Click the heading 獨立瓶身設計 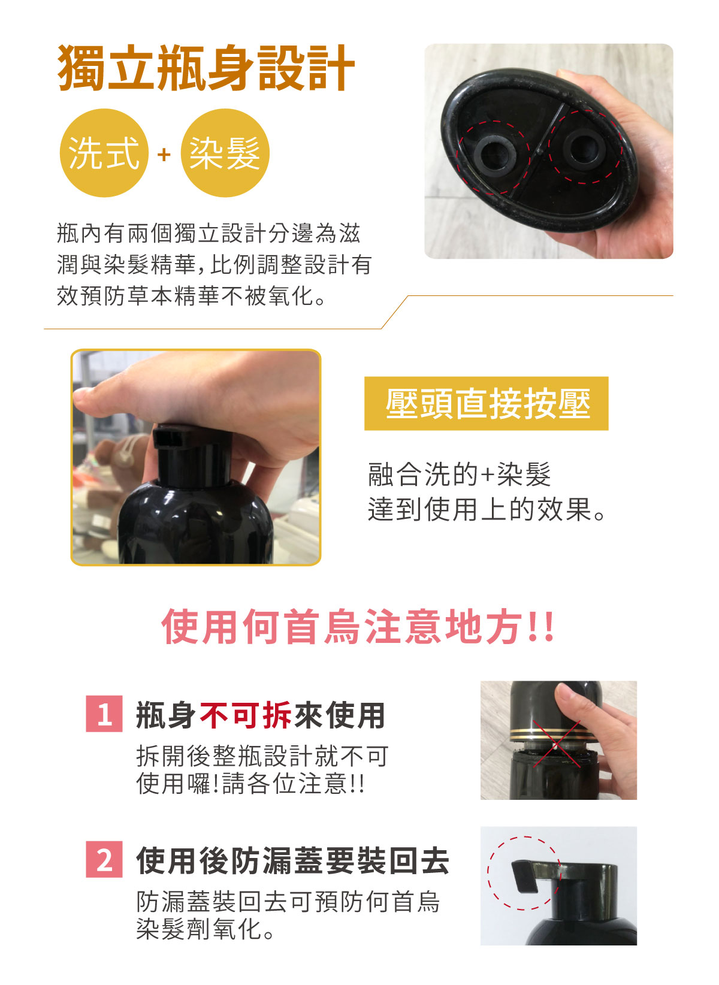pos(206,68)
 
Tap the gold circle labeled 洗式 pos(104,153)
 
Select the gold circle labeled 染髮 pos(225,153)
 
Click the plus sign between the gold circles pos(164,155)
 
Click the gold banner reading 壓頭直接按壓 pos(487,403)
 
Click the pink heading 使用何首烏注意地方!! pos(358,627)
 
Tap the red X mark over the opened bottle pos(557,744)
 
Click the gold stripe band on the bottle pos(549,733)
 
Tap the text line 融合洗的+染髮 pos(460,475)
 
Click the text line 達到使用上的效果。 pos(487,510)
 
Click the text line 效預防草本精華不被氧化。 pos(192,295)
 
